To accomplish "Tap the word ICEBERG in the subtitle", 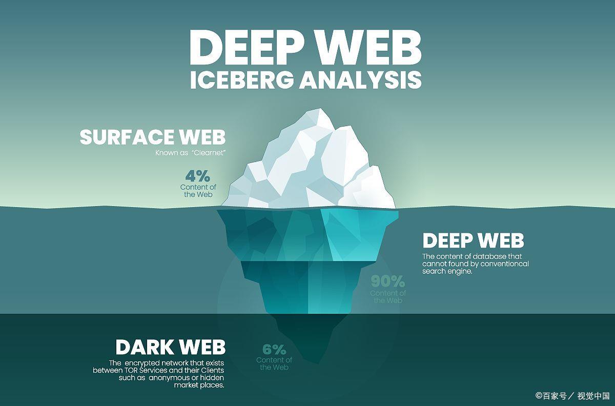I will (242, 80).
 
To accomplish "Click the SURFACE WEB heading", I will (152, 137).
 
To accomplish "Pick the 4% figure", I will (198, 176).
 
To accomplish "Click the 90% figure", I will (388, 281).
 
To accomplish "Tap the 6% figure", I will (274, 350).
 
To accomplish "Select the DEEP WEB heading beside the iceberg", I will (473, 240).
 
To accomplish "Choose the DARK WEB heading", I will (170, 347).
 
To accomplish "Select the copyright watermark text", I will (572, 396).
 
